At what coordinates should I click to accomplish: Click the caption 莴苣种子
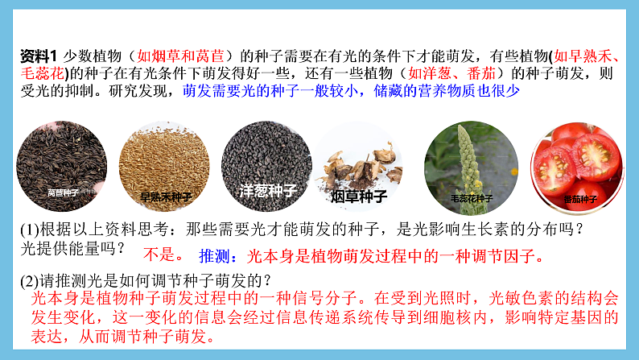[x=63, y=193]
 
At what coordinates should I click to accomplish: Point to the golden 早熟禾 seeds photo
[x=166, y=165]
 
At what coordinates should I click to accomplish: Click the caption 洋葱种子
[x=268, y=191]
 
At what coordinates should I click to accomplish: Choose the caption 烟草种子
[x=360, y=197]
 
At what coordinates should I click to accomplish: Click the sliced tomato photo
[x=579, y=165]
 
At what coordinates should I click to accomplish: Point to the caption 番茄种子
[x=580, y=198]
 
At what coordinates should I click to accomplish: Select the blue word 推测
[x=212, y=257]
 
